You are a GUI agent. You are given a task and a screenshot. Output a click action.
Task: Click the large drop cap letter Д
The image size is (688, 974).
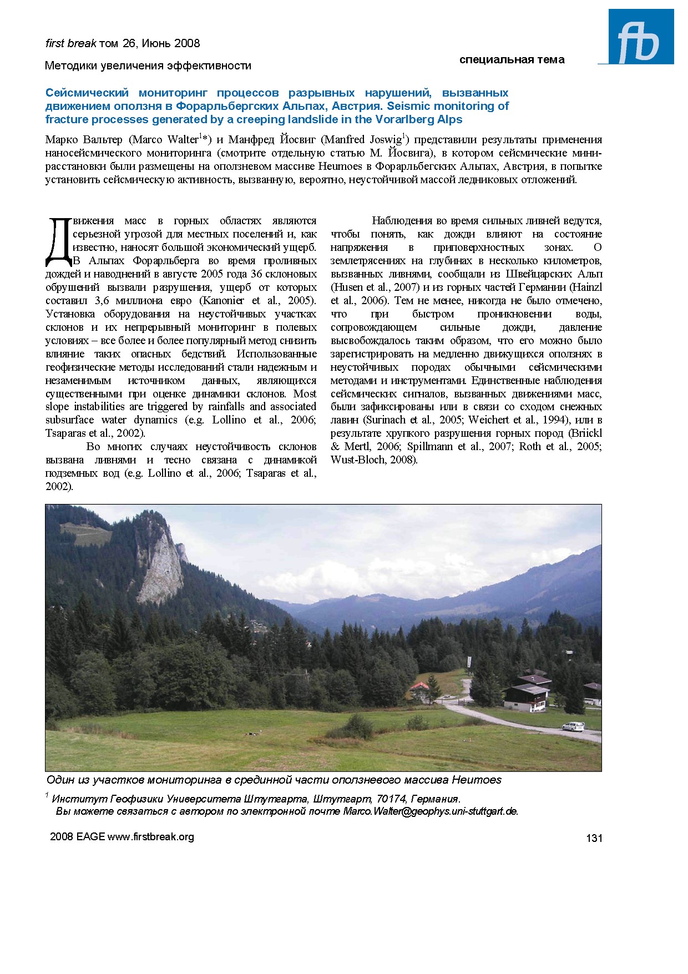tap(58, 241)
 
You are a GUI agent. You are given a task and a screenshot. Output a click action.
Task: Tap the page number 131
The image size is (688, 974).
tap(594, 838)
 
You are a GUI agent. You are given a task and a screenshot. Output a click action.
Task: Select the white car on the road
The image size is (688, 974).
tap(573, 726)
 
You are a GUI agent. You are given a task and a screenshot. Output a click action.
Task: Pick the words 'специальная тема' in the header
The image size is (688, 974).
tap(512, 60)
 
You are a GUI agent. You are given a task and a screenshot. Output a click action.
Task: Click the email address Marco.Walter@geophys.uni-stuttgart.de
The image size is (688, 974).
tap(431, 811)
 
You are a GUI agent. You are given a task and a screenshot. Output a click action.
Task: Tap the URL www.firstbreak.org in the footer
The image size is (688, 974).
tap(151, 837)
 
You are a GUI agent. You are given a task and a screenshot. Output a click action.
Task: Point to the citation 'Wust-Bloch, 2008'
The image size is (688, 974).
tap(373, 460)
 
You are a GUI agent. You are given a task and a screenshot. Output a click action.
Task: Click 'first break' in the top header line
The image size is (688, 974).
tap(70, 43)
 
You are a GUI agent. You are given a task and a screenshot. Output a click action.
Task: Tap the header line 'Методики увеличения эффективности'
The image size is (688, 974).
tap(148, 66)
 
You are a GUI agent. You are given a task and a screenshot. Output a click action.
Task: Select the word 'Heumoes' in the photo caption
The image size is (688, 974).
tap(476, 780)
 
